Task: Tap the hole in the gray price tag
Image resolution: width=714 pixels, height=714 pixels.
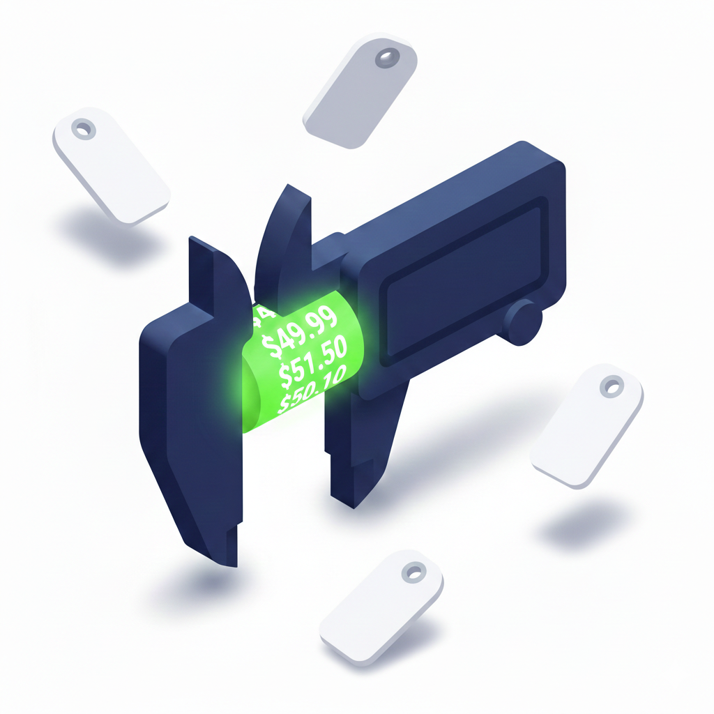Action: pyautogui.click(x=384, y=58)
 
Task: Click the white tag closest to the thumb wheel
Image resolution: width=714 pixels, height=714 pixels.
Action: pyautogui.click(x=587, y=425)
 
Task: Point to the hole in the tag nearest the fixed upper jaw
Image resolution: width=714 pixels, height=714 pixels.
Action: pyautogui.click(x=84, y=129)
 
